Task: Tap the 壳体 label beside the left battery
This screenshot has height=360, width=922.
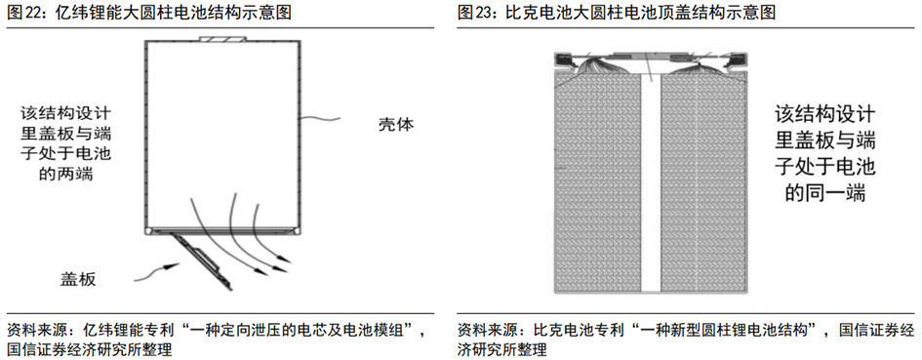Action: tap(397, 125)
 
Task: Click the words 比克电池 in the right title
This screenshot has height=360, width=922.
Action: tap(537, 14)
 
